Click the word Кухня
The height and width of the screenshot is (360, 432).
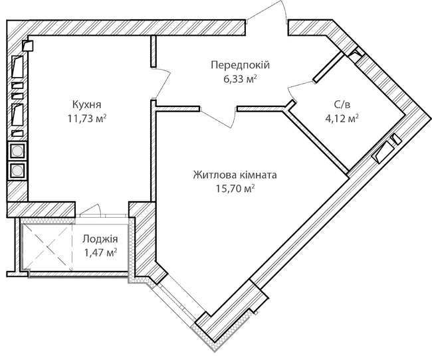tap(87, 104)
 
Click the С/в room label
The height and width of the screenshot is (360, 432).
tap(342, 104)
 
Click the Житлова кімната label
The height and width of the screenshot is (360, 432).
tap(235, 175)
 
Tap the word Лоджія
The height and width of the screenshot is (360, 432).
tap(100, 239)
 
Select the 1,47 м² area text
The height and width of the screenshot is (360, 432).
tap(100, 252)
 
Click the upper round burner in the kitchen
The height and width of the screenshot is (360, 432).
tap(17, 151)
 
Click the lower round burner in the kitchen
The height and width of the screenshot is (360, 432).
tap(17, 170)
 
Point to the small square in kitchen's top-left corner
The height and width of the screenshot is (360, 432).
tap(27, 46)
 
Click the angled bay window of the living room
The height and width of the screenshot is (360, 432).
tap(176, 302)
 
